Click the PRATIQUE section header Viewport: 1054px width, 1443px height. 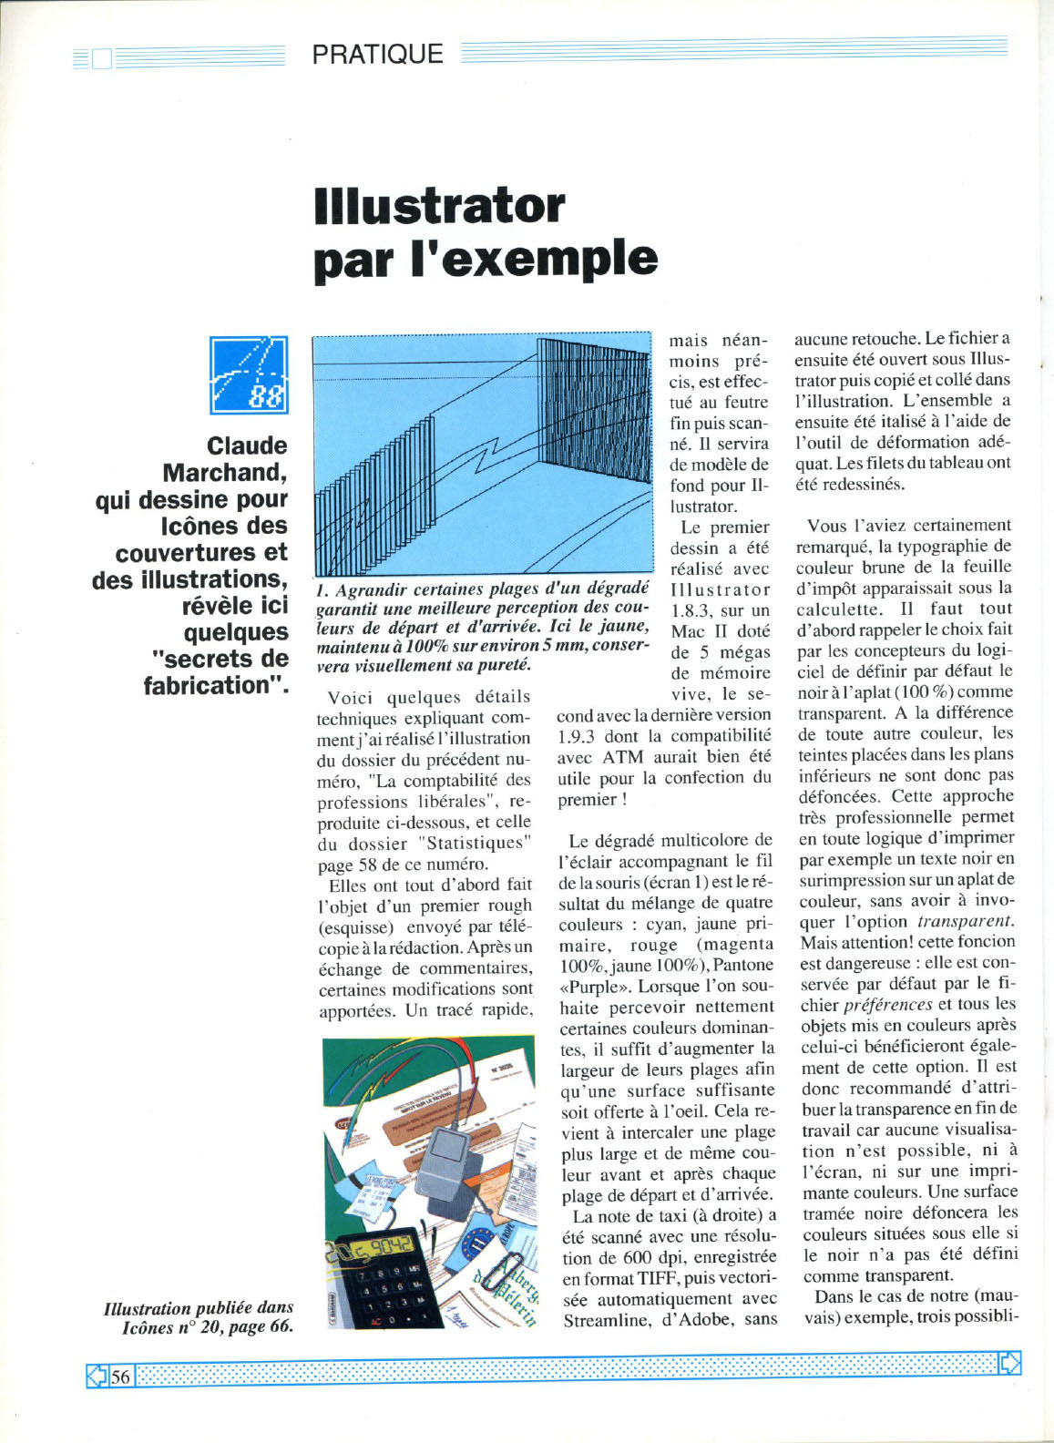(x=377, y=54)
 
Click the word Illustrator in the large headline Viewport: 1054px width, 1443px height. (x=439, y=206)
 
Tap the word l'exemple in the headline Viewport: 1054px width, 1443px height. (x=535, y=260)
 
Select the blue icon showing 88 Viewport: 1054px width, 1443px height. (x=249, y=375)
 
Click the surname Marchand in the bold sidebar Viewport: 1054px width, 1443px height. (x=225, y=473)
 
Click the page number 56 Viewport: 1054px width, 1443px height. (x=121, y=1376)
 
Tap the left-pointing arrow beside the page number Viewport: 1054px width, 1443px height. (x=97, y=1376)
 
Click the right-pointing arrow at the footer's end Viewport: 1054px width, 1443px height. (x=1009, y=1363)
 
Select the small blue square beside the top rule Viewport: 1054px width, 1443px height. (x=101, y=59)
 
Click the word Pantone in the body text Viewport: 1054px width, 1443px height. (x=743, y=965)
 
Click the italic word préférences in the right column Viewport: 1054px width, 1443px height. (x=887, y=1005)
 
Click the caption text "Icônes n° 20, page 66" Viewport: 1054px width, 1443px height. (x=208, y=1327)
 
